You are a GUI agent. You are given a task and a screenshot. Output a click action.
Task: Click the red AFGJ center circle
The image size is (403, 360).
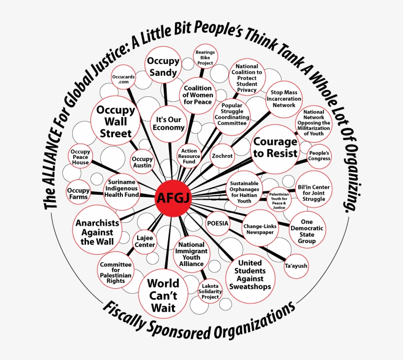pos(173,198)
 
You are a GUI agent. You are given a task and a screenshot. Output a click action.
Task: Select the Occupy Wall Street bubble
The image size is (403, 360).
pos(115,121)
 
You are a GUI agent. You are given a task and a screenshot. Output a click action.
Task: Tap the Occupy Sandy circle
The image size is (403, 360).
pos(163,65)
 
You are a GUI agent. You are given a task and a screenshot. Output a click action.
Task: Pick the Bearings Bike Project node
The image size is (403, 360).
pos(205,57)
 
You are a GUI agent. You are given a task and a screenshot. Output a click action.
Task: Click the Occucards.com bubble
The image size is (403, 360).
pos(123,77)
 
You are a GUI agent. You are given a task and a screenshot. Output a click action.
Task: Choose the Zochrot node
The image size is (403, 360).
pos(222,156)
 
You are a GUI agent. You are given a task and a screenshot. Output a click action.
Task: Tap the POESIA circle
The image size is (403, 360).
pos(218,223)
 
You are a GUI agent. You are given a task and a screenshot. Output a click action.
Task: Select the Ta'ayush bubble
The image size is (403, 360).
pos(296,266)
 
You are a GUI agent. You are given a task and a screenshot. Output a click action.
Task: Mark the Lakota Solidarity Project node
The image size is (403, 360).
pos(210,291)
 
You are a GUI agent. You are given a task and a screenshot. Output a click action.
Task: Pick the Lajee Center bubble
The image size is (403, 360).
pos(144,241)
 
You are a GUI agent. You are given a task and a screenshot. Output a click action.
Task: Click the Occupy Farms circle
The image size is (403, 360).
pos(78,193)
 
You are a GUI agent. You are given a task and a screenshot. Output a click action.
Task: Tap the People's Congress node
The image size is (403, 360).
pos(319,156)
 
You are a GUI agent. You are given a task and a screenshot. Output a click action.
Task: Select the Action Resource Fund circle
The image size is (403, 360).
pos(189,156)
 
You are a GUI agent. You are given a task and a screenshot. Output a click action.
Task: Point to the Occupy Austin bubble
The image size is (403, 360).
pos(142,162)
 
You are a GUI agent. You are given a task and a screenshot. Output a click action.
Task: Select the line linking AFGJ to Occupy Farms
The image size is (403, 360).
pos(123,195)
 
